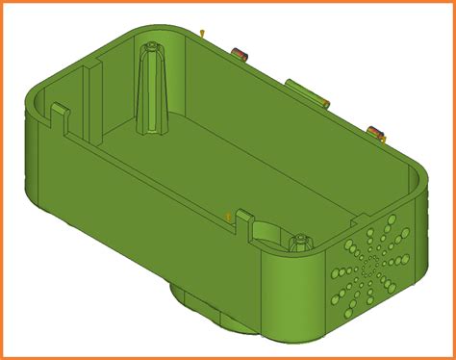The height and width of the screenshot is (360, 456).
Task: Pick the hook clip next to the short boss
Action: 242,216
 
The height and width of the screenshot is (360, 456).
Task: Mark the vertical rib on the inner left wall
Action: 91,96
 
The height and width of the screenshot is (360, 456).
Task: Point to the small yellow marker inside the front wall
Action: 227,215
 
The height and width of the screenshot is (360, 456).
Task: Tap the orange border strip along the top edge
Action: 228,3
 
